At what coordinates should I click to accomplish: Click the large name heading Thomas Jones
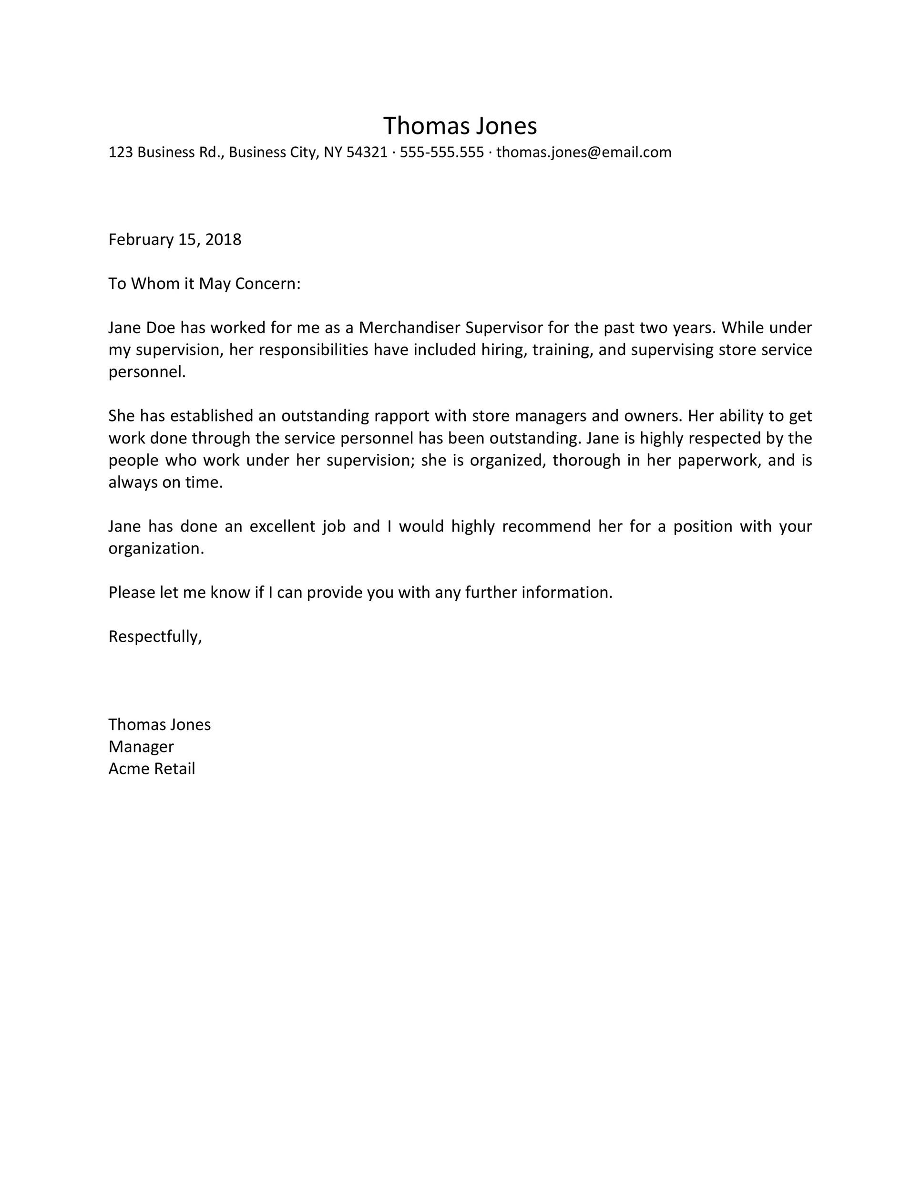click(460, 126)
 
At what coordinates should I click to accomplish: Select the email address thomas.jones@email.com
click(584, 152)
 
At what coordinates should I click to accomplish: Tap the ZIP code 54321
click(367, 152)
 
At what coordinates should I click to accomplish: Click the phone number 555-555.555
click(441, 152)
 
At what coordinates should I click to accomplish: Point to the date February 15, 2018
click(174, 240)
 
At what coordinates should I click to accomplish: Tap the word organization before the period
click(154, 548)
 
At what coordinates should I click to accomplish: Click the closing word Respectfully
click(153, 637)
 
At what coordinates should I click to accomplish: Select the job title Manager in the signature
click(141, 747)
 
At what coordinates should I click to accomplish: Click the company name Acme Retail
click(151, 769)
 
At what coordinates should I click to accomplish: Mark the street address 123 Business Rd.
click(165, 152)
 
